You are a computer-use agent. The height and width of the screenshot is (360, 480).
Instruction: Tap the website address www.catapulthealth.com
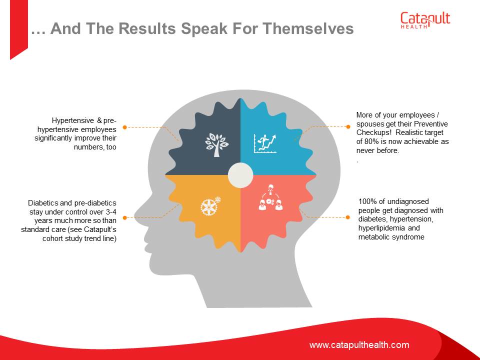(x=359, y=345)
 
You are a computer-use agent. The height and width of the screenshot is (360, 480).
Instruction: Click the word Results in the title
(x=147, y=28)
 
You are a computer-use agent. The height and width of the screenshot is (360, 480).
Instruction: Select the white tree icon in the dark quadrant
(x=216, y=145)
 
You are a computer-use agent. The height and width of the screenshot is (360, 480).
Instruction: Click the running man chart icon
(x=265, y=143)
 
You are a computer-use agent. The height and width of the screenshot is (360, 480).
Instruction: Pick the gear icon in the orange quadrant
(x=210, y=205)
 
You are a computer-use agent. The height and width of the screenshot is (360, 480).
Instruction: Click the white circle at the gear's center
(x=240, y=175)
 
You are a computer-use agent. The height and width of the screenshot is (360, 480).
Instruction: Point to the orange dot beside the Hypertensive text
(x=124, y=127)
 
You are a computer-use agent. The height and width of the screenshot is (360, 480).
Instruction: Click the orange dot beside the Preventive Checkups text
(x=348, y=126)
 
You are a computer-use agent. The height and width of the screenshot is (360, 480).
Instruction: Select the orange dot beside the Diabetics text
(x=124, y=217)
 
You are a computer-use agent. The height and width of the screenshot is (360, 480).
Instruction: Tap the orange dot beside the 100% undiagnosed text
(x=347, y=217)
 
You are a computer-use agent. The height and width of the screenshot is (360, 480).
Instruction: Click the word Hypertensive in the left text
(x=73, y=120)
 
